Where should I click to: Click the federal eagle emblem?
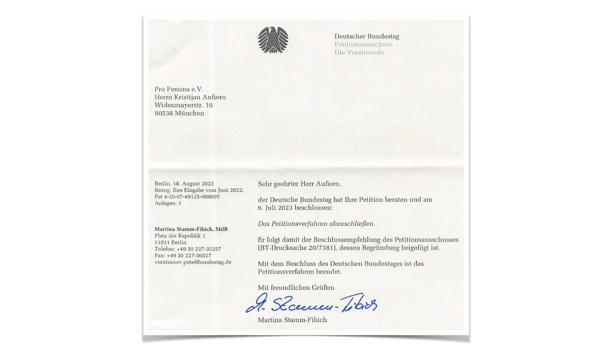coord(273,40)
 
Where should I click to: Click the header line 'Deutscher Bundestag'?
coord(366,36)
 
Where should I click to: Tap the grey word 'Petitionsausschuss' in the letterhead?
coord(363,44)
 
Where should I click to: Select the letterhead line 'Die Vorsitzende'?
coord(359,52)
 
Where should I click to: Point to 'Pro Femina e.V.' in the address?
coord(179,89)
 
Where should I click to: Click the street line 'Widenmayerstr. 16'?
coord(183,105)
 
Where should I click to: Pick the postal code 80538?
coord(164,113)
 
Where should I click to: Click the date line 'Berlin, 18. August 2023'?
coord(184,184)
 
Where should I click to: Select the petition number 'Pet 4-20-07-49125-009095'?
coord(187,197)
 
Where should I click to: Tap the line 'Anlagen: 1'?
coord(168,203)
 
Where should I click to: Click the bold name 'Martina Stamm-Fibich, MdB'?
coord(191,229)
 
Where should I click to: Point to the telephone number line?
coord(187,249)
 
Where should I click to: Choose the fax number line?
coord(183,256)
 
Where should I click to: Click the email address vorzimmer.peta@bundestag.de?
coord(193,262)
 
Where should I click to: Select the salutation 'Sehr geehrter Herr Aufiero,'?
coord(299,184)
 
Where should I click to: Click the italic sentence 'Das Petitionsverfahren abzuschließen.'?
coord(316,224)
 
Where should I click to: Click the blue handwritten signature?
coord(311,304)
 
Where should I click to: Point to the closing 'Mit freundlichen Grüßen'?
coord(296,288)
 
